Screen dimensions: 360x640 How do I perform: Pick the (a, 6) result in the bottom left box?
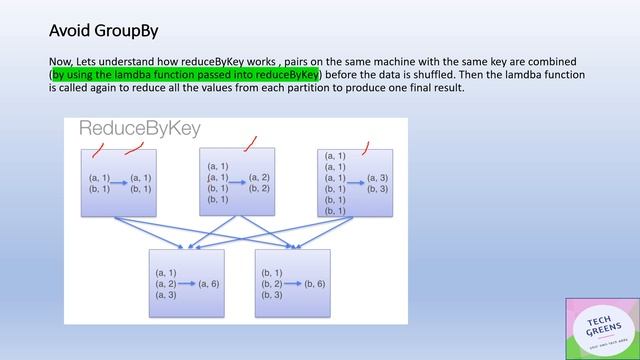209,284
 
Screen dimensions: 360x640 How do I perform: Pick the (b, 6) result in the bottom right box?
315,284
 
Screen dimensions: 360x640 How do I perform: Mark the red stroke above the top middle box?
250,143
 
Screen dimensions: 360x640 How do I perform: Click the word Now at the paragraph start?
61,62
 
